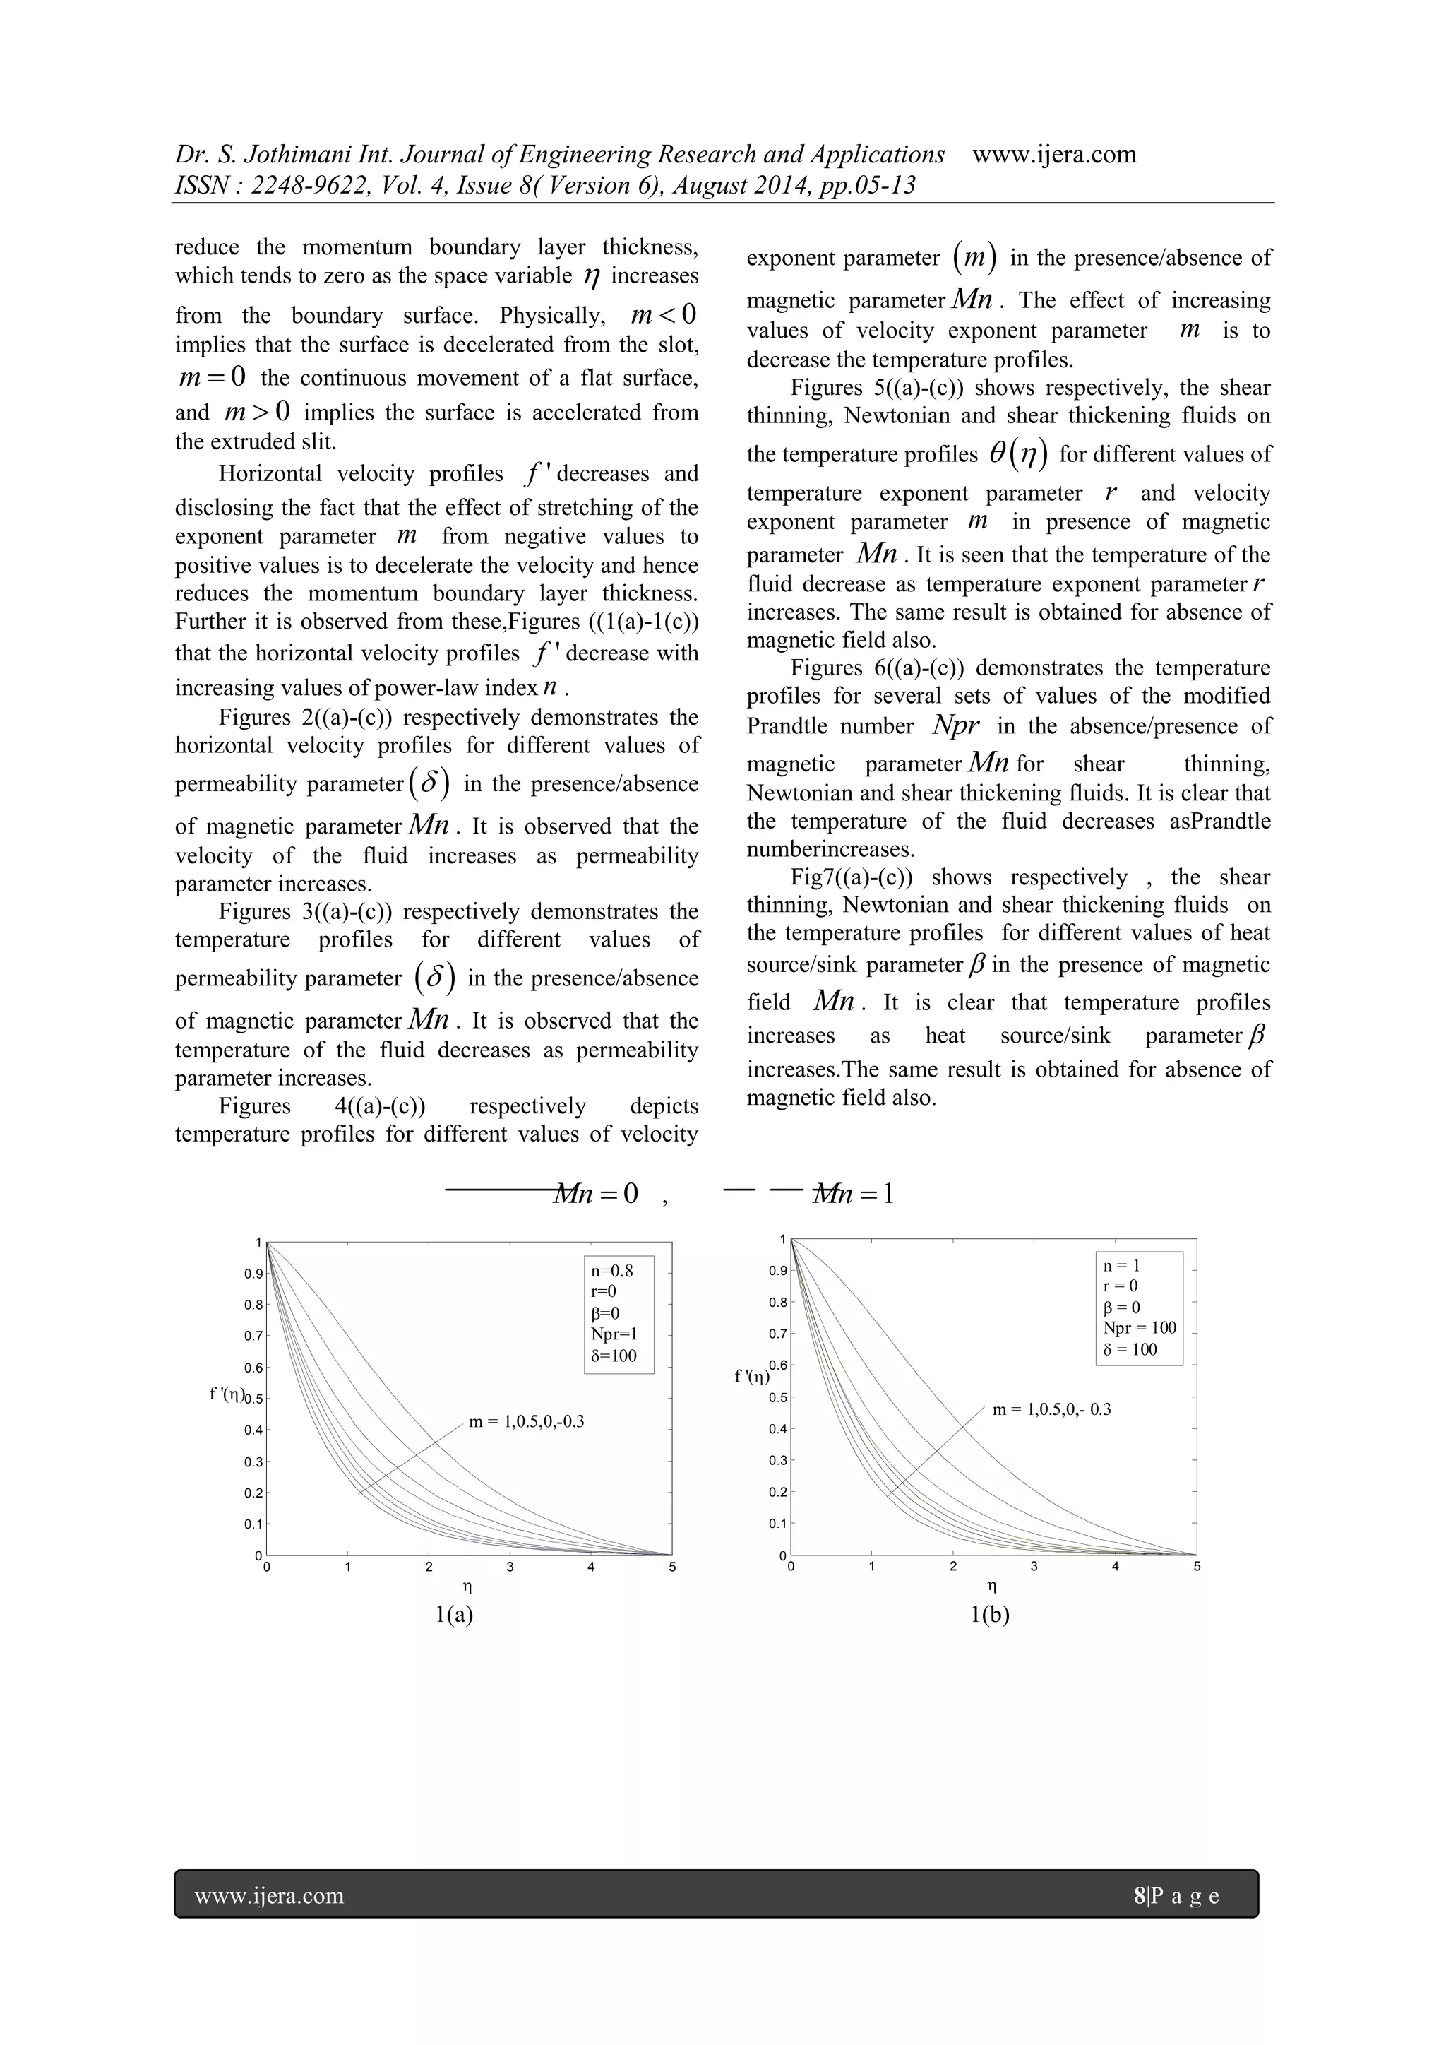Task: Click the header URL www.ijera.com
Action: click(1054, 155)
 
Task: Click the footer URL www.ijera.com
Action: click(269, 1895)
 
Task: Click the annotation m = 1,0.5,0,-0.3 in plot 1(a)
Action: click(526, 1421)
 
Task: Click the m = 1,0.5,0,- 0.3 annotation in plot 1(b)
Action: click(1051, 1410)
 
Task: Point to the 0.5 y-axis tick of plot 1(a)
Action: click(253, 1399)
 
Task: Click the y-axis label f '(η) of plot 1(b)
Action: click(753, 1377)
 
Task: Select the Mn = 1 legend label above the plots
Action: click(853, 1195)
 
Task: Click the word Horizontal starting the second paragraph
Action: click(270, 475)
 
